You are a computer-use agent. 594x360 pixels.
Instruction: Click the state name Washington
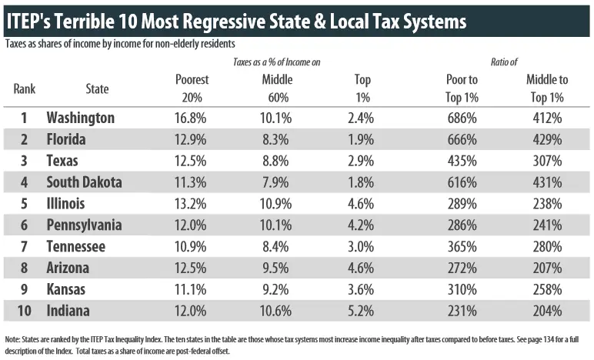(80, 118)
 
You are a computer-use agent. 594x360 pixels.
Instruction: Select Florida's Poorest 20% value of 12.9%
(190, 140)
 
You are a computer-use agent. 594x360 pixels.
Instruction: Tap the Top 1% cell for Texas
(362, 162)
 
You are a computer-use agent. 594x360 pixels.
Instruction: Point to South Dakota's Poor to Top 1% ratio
(462, 183)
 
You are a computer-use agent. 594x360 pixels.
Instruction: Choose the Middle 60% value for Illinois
(276, 205)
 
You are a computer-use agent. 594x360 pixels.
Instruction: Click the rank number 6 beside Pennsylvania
(24, 226)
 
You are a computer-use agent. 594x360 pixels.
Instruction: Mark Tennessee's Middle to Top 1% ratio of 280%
(546, 248)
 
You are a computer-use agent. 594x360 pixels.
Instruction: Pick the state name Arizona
(68, 269)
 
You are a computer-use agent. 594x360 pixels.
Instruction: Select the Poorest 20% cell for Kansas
(190, 291)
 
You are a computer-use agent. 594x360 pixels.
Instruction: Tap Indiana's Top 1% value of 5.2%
(362, 312)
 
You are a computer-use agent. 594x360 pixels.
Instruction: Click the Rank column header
(25, 88)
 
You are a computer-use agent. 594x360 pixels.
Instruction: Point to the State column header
(97, 88)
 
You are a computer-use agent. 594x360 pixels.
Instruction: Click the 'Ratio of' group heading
(504, 61)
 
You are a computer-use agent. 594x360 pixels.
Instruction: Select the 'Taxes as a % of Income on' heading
(276, 61)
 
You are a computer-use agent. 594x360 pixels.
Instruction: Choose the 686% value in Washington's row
(462, 118)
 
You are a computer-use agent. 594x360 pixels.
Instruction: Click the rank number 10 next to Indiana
(24, 312)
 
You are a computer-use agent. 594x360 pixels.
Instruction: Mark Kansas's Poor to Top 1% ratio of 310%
(462, 291)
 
